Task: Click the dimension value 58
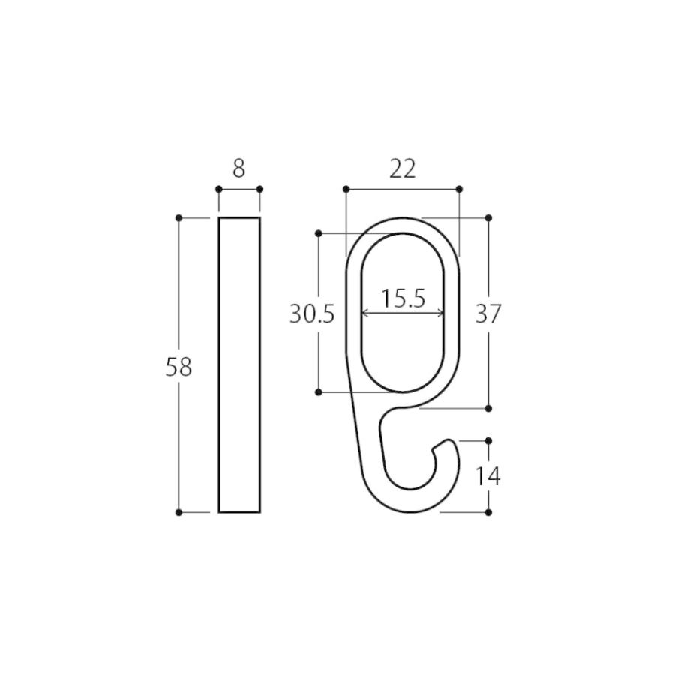[178, 368]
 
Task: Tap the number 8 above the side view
[239, 169]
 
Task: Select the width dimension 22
[403, 169]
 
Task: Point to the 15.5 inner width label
[403, 298]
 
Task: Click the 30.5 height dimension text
[312, 313]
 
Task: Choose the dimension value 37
[488, 313]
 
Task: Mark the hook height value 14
[488, 476]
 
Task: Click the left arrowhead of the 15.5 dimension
[364, 313]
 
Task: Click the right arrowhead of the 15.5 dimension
[441, 313]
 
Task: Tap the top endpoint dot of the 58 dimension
[179, 218]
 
